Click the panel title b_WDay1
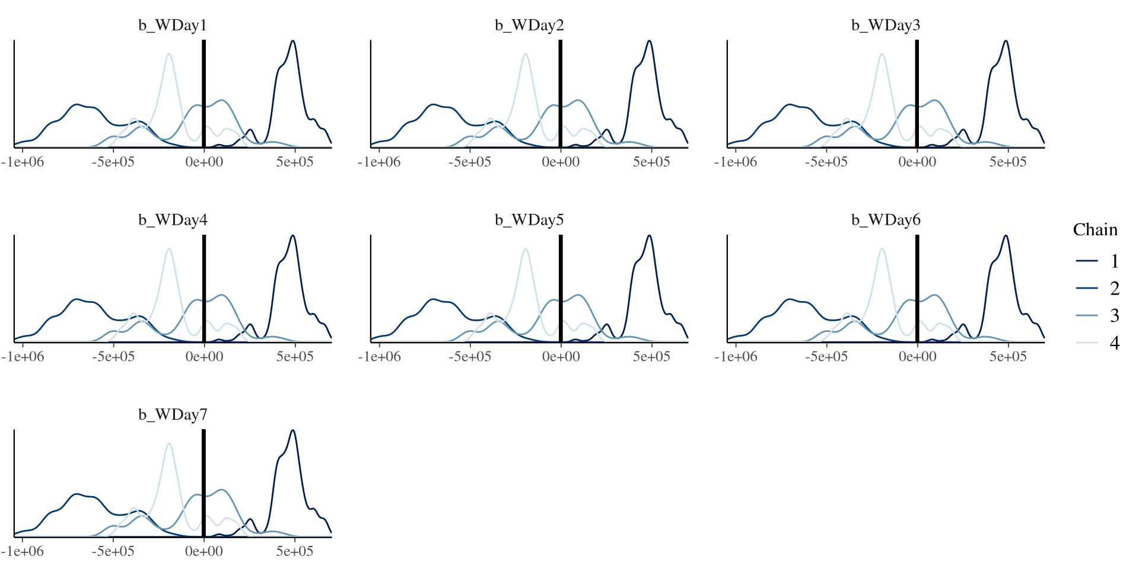coord(173,25)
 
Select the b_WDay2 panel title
coord(529,25)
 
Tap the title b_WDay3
coord(886,25)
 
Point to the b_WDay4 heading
coord(173,220)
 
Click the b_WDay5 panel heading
coord(529,220)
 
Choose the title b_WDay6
coord(886,220)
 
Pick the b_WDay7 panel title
coord(173,414)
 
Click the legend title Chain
coord(1095,230)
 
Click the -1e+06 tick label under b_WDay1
coord(23,162)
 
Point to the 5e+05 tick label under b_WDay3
coord(1007,162)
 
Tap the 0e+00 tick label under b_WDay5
coord(561,356)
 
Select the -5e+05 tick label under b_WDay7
coord(113,551)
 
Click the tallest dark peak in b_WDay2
coord(650,41)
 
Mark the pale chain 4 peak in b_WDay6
coord(882,250)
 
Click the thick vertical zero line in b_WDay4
coord(204,284)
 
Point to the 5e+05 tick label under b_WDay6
coord(1007,356)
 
